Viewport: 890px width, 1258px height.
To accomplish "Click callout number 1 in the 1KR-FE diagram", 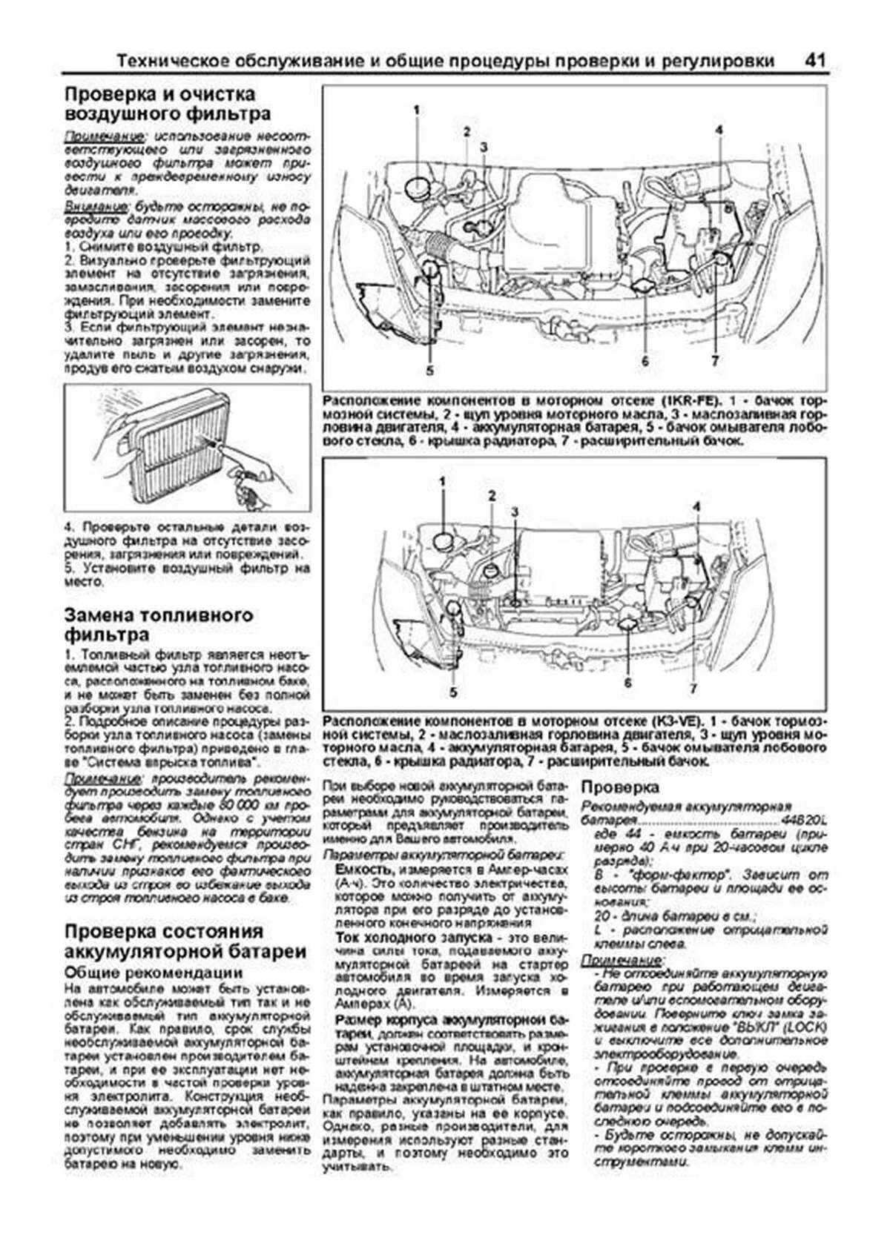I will (x=417, y=110).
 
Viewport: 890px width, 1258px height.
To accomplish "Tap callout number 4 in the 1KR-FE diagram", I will (x=719, y=130).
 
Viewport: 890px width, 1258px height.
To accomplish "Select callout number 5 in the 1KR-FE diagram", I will (x=429, y=370).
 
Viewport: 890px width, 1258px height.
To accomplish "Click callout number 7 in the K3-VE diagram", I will (x=693, y=688).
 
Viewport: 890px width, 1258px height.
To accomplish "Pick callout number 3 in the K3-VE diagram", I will (x=515, y=512).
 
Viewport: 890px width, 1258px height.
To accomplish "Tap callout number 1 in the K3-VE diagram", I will (x=442, y=481).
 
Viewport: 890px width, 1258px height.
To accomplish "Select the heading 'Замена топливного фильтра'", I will (x=159, y=624).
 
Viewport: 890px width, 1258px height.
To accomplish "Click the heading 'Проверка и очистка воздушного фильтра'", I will (x=168, y=104).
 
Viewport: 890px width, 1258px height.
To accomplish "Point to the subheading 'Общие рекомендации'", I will (x=154, y=972).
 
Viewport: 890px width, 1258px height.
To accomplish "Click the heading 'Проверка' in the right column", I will (x=620, y=787).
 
